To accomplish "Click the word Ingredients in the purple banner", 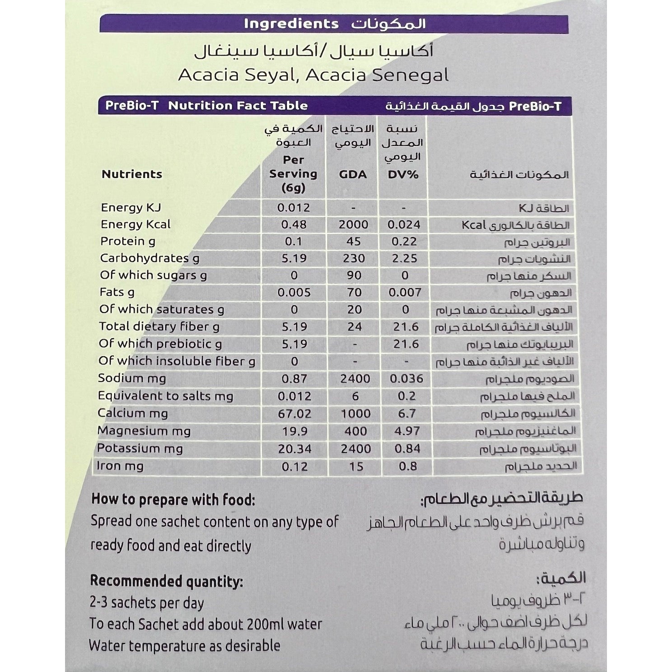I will (291, 23).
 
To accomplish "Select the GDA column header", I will (353, 174).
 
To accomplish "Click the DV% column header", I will (403, 174).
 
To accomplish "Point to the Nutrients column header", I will (132, 174).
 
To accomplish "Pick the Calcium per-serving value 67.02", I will (294, 413).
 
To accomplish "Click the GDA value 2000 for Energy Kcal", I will (354, 224).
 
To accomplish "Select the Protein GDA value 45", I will (353, 241).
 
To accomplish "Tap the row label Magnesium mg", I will (144, 431).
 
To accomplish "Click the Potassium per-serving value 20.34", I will (294, 448).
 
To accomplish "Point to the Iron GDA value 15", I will (356, 466).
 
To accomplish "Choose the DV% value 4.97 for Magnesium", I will (407, 431).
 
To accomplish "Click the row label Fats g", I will (117, 292).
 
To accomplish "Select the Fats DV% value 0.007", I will (405, 292).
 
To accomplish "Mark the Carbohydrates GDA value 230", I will (354, 258).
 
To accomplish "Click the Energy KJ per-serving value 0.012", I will (294, 208).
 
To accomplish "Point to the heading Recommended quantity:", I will (166, 581).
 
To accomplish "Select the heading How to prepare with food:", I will (173, 499).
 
